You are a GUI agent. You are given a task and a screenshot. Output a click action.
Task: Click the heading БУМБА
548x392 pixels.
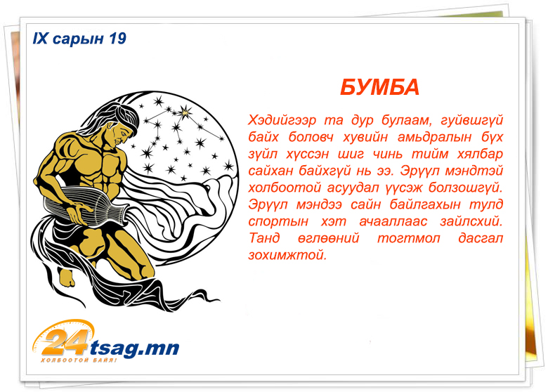(x=379, y=87)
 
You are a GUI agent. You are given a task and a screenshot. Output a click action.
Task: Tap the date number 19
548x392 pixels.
(x=117, y=39)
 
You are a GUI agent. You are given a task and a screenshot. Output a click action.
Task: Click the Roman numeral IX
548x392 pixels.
(x=40, y=39)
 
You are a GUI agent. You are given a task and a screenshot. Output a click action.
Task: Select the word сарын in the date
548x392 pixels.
(x=78, y=39)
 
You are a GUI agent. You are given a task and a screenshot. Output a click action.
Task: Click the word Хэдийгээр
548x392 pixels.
(x=282, y=121)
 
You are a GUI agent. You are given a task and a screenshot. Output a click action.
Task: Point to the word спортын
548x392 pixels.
(x=278, y=222)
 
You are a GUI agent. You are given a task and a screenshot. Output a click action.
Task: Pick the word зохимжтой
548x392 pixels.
(x=287, y=255)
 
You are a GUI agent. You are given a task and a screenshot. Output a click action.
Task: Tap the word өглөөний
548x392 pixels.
(x=329, y=238)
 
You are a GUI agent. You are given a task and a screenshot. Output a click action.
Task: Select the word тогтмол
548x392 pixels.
(x=409, y=238)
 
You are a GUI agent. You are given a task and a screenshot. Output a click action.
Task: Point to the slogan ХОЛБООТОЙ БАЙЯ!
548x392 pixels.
(x=79, y=360)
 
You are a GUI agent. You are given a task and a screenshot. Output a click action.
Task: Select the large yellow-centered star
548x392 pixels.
(x=185, y=112)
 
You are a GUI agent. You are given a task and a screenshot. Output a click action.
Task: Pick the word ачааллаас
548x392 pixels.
(x=393, y=221)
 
